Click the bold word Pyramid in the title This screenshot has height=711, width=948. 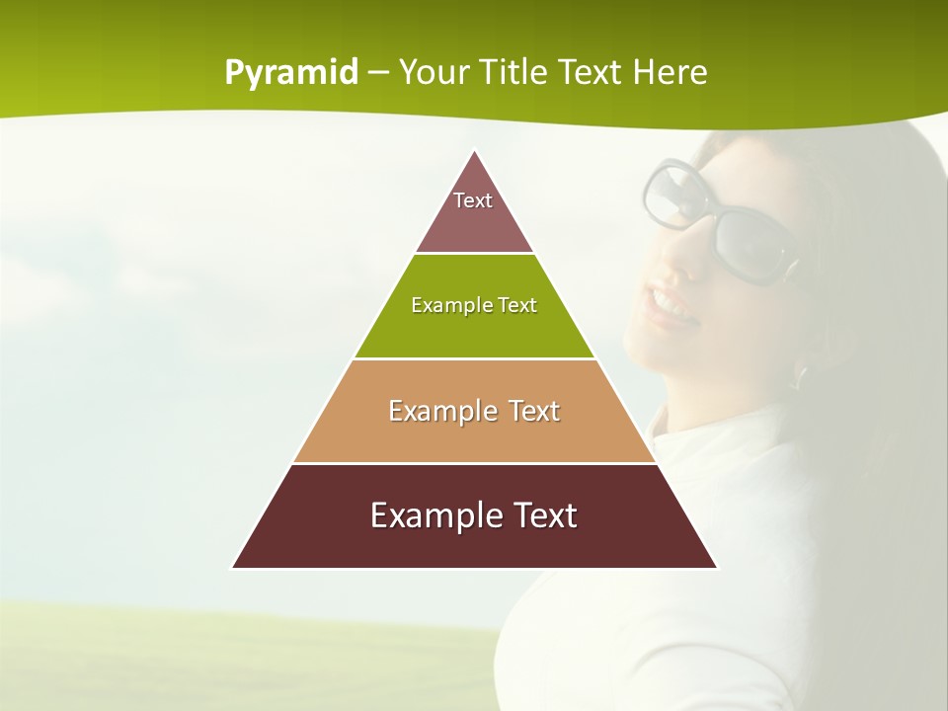290,73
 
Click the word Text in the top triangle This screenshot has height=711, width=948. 473,200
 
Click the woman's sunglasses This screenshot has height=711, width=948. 726,222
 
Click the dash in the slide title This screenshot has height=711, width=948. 378,73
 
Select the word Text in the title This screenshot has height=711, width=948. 592,72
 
